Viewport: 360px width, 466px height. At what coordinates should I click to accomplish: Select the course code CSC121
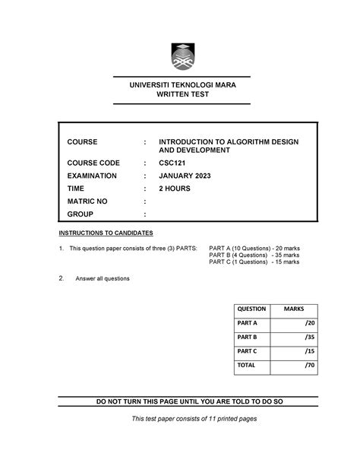[x=173, y=163]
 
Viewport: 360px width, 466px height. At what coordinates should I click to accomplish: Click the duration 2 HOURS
[x=175, y=189]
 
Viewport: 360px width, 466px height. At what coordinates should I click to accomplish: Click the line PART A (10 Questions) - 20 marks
[x=254, y=249]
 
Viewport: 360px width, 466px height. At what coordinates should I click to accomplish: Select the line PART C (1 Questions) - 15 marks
[x=254, y=263]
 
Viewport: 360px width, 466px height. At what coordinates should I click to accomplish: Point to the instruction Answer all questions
[x=102, y=279]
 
